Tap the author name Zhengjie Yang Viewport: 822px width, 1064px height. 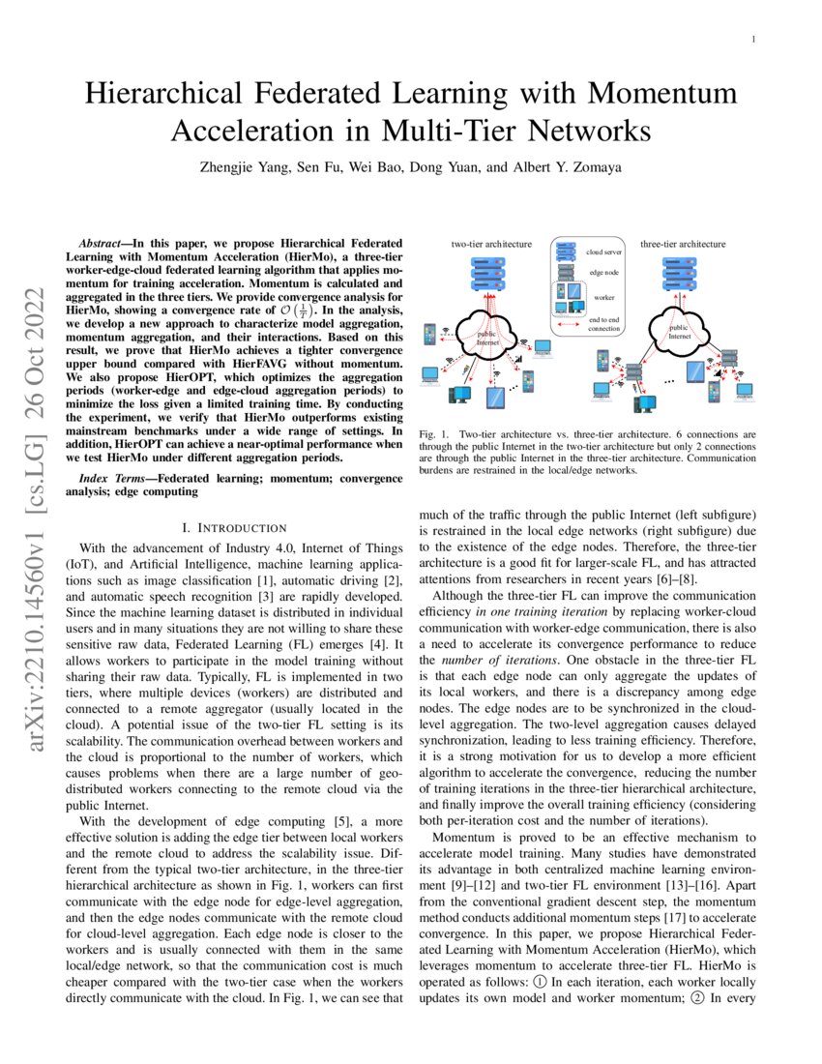click(243, 166)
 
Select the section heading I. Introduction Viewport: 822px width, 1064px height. click(234, 527)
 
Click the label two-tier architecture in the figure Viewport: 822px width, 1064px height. click(491, 245)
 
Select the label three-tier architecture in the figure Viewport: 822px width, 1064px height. click(683, 245)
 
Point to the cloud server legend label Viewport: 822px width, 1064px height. click(605, 251)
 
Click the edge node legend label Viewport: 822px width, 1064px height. click(603, 274)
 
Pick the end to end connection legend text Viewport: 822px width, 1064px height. click(604, 323)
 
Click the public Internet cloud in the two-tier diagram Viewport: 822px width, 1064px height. click(487, 336)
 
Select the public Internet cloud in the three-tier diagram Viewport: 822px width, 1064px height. click(680, 330)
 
